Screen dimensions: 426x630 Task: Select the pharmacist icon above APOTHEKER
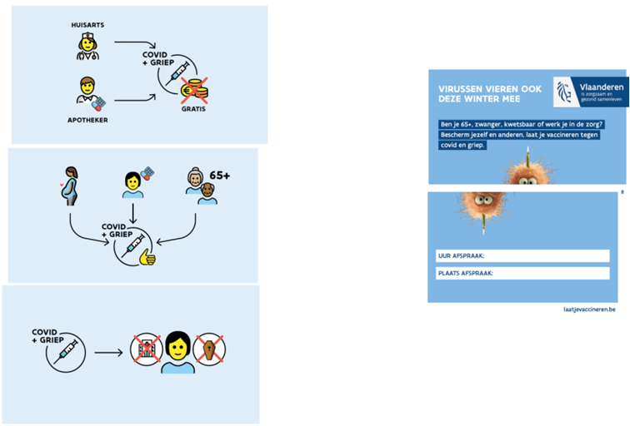point(88,92)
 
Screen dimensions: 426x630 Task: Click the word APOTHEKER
point(87,120)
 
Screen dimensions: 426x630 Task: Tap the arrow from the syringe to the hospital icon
point(109,351)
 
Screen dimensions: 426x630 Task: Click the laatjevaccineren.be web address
point(589,310)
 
